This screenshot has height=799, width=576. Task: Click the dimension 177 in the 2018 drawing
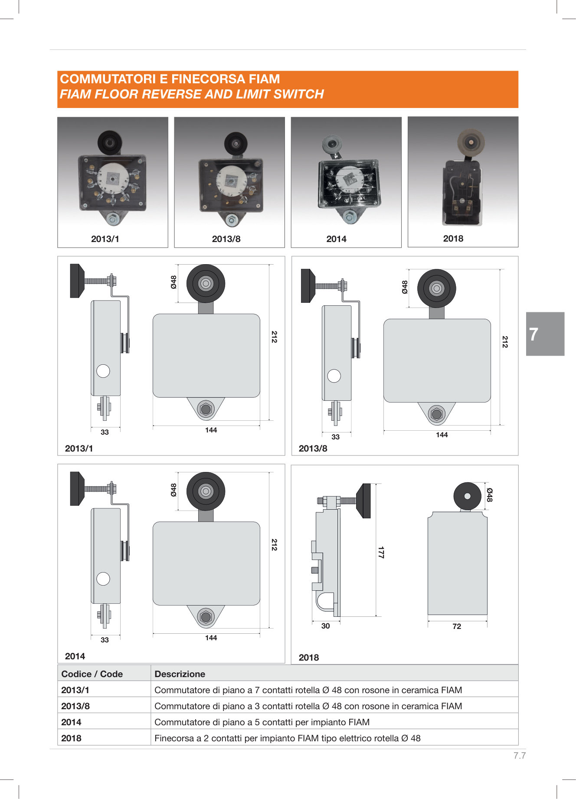tap(381, 552)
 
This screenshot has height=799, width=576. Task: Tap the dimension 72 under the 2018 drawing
tap(457, 626)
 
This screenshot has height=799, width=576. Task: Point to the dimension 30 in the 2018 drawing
tap(325, 626)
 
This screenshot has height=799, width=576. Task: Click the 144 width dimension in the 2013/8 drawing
tap(442, 435)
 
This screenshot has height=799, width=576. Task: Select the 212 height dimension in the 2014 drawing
tap(274, 544)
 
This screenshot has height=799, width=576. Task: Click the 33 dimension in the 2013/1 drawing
tap(105, 432)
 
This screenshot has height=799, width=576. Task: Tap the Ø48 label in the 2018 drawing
tap(490, 495)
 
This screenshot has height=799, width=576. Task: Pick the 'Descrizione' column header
tap(180, 674)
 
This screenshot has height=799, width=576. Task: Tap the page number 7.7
tap(520, 756)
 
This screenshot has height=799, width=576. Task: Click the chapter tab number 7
tap(533, 334)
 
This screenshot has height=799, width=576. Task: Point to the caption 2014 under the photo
tap(336, 239)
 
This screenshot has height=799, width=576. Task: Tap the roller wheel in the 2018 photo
tap(471, 141)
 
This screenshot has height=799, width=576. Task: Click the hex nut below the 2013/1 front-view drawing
tap(206, 409)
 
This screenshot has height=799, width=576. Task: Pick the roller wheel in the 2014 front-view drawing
tap(206, 491)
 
